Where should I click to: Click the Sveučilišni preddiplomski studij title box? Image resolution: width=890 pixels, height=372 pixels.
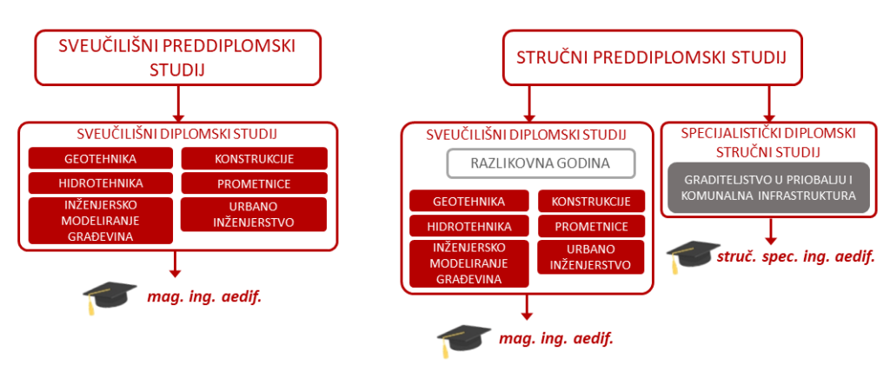(x=178, y=57)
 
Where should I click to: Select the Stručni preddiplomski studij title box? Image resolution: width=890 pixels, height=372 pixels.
(x=652, y=57)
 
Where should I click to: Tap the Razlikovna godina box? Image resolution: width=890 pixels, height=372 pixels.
(x=540, y=163)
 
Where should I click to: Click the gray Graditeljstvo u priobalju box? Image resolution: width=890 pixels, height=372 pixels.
(x=768, y=188)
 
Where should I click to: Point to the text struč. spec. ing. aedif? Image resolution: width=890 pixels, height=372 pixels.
(x=795, y=256)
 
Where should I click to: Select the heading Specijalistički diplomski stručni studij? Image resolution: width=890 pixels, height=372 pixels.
(x=768, y=142)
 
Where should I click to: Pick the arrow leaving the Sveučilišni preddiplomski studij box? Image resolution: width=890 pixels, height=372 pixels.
(x=178, y=103)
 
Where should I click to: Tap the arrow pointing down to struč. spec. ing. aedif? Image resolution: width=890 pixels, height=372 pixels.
(x=770, y=230)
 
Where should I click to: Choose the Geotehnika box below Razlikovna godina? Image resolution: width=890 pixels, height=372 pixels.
(x=468, y=201)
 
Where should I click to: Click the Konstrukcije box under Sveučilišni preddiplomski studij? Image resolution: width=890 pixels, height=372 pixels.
(x=255, y=158)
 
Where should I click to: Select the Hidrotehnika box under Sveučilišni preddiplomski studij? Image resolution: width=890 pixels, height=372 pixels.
(x=101, y=183)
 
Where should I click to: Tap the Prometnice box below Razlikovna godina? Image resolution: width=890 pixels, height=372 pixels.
(x=591, y=226)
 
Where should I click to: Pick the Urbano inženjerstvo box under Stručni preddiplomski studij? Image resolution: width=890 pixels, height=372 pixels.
(x=591, y=256)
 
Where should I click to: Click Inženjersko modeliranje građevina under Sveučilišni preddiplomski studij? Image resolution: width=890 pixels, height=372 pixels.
(x=101, y=221)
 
